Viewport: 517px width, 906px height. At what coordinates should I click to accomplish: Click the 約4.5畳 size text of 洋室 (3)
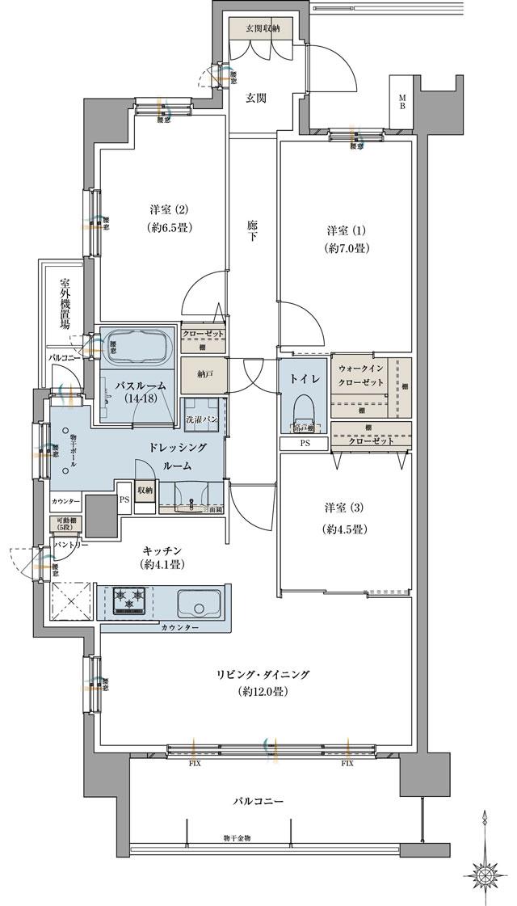click(x=347, y=530)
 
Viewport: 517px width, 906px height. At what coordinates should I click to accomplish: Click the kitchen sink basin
click(x=198, y=602)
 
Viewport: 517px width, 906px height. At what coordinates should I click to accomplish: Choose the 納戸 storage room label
click(x=192, y=374)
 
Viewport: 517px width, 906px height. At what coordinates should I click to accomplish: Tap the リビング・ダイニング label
click(x=263, y=675)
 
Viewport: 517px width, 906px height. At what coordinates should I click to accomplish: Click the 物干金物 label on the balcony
click(x=237, y=839)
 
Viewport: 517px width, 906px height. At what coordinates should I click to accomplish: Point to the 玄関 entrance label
click(x=256, y=98)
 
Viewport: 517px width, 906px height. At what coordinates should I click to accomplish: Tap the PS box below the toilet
click(x=304, y=443)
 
